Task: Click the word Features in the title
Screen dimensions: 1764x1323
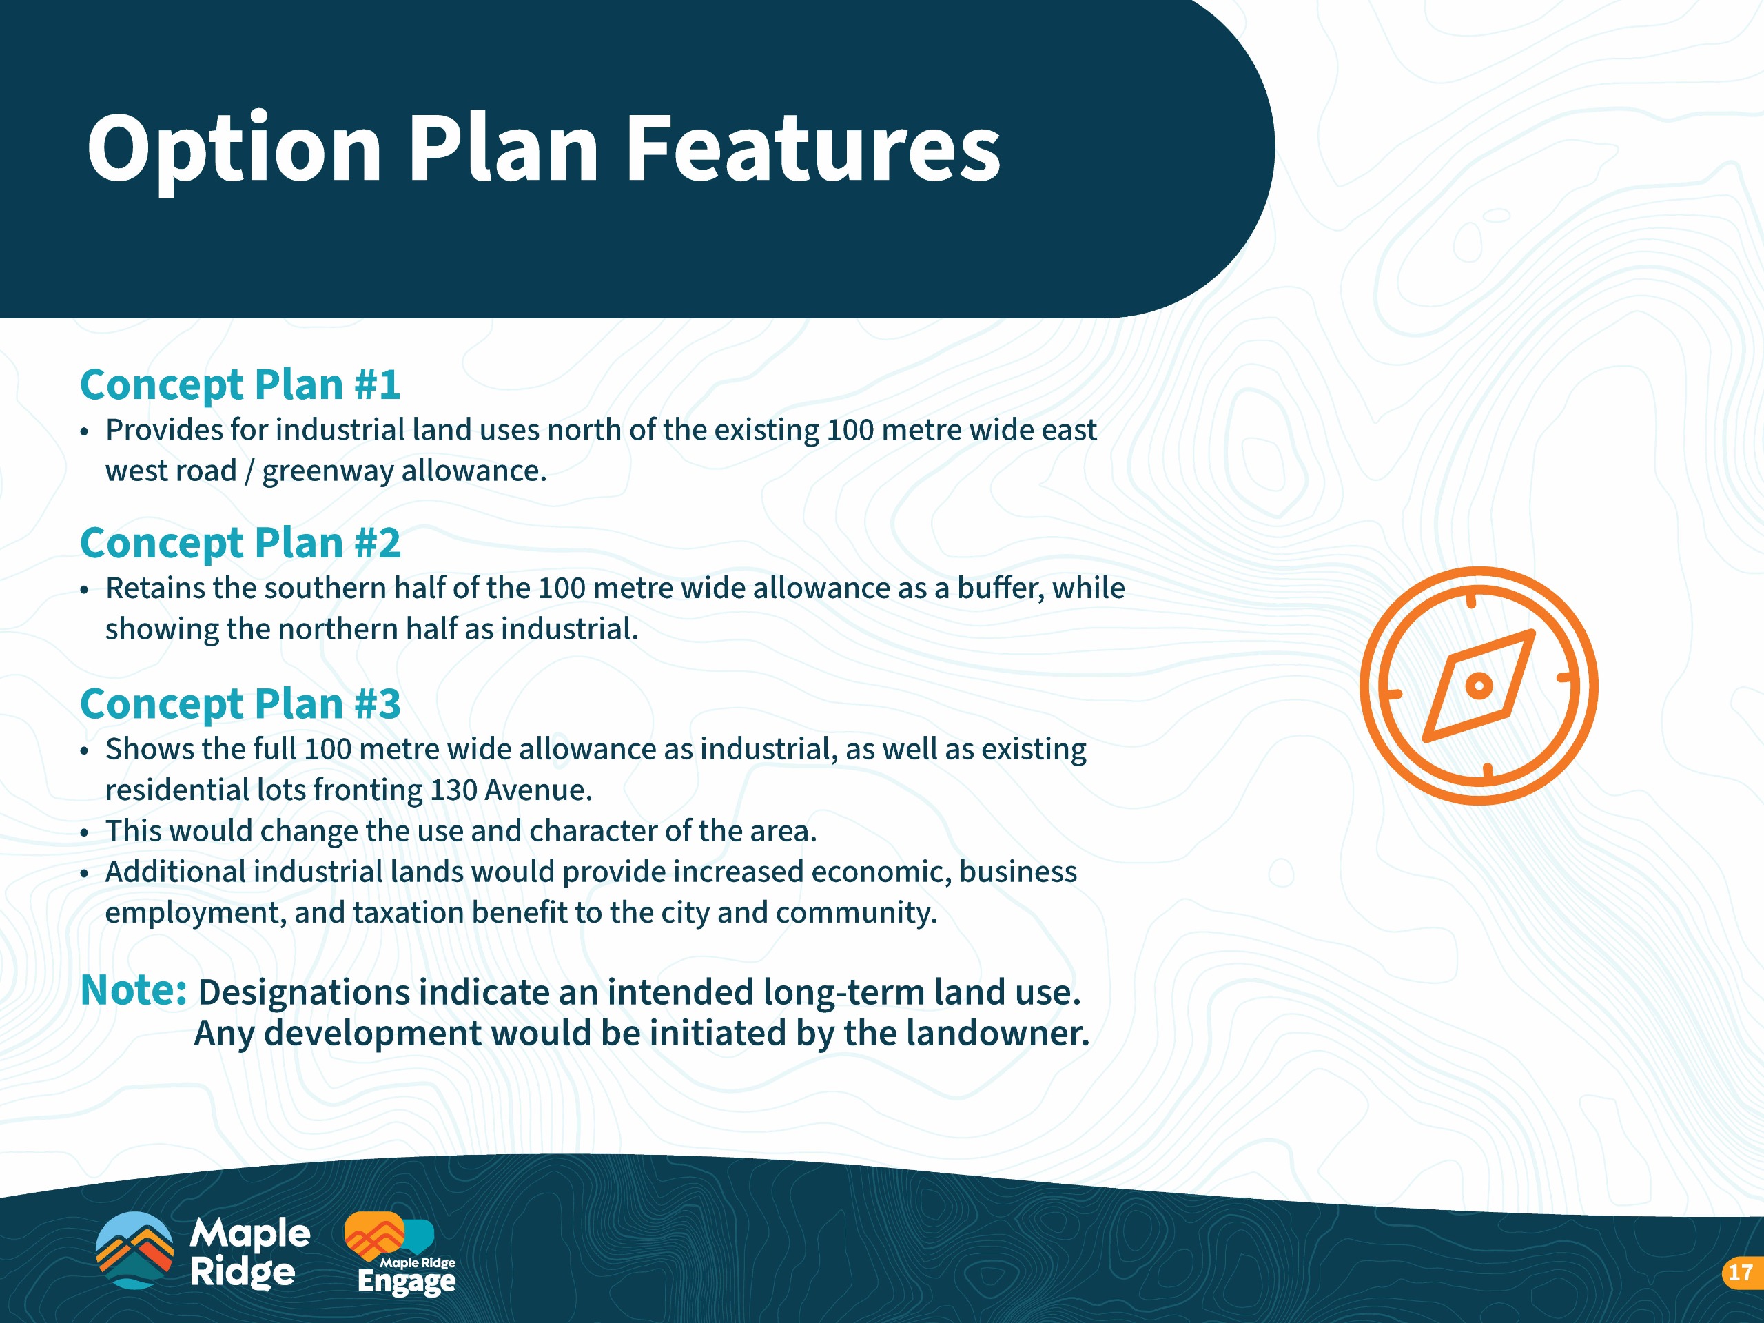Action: tap(812, 147)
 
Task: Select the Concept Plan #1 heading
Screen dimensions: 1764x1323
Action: tap(240, 386)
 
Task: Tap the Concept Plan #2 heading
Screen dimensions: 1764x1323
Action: tap(240, 544)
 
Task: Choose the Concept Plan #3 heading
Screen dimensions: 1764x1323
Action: tap(240, 705)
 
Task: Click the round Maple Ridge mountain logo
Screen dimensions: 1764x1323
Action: tap(134, 1250)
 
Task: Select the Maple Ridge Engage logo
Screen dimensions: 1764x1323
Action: tap(402, 1253)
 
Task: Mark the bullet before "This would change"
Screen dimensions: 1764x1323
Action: tap(85, 832)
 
